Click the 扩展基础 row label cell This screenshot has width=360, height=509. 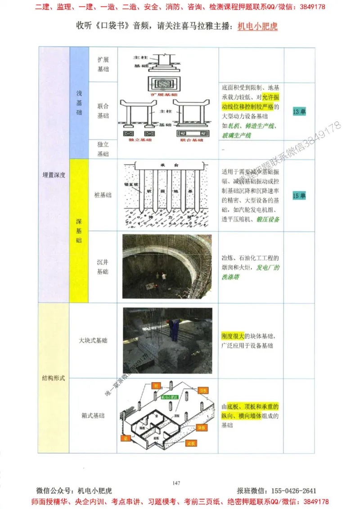(103, 64)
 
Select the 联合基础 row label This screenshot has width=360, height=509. (103, 111)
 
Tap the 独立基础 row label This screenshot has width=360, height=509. (103, 149)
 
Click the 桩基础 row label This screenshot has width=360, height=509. (103, 196)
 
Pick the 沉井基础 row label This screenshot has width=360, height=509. (103, 267)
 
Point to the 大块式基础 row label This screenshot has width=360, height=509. (93, 340)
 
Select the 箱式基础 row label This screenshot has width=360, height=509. (93, 415)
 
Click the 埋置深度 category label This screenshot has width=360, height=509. (54, 175)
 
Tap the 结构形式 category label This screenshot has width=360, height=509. (54, 378)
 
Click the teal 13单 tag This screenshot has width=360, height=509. (299, 112)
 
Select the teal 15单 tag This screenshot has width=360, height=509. (299, 196)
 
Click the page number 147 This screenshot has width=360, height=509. (176, 483)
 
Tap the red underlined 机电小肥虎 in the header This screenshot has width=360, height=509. (257, 27)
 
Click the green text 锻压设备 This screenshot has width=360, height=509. (268, 219)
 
